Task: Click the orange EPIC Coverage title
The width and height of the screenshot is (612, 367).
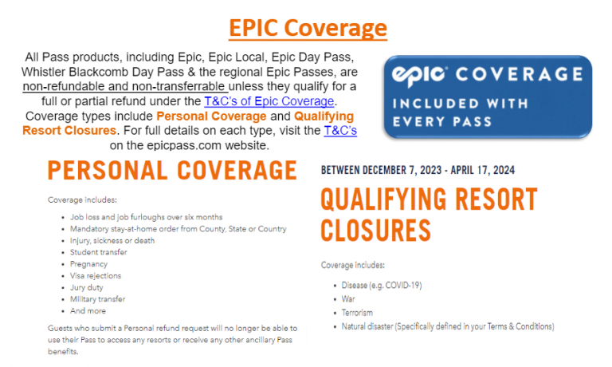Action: [x=308, y=28]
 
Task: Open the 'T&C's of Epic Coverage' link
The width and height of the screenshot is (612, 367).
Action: [x=269, y=101]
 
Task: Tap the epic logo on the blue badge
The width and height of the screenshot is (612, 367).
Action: [x=419, y=76]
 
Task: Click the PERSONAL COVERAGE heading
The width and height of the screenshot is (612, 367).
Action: [x=172, y=171]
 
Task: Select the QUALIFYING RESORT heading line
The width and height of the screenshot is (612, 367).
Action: [x=429, y=199]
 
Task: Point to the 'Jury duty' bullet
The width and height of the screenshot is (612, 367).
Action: [x=87, y=288]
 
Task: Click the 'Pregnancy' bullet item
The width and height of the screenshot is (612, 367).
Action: [x=88, y=264]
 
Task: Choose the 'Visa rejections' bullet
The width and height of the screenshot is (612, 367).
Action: [x=96, y=276]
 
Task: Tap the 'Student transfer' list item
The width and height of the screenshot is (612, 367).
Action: [x=99, y=252]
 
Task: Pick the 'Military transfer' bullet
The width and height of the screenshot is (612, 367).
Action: [x=97, y=299]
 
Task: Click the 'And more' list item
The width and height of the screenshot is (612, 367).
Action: [x=88, y=311]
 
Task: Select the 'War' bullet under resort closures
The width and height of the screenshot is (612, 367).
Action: [x=348, y=299]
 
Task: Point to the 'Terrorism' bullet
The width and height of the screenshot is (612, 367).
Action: [x=357, y=313]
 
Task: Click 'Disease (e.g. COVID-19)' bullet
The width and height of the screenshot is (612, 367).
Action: [x=382, y=286]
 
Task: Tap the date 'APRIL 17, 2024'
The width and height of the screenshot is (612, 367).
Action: [x=482, y=171]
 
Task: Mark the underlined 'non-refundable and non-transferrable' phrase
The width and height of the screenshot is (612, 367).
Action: [x=125, y=86]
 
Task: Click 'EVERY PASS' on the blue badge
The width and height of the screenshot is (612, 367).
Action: [x=441, y=121]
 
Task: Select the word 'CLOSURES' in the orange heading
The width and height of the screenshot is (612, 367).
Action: [x=375, y=231]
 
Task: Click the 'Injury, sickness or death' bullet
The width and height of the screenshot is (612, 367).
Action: [x=112, y=241]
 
